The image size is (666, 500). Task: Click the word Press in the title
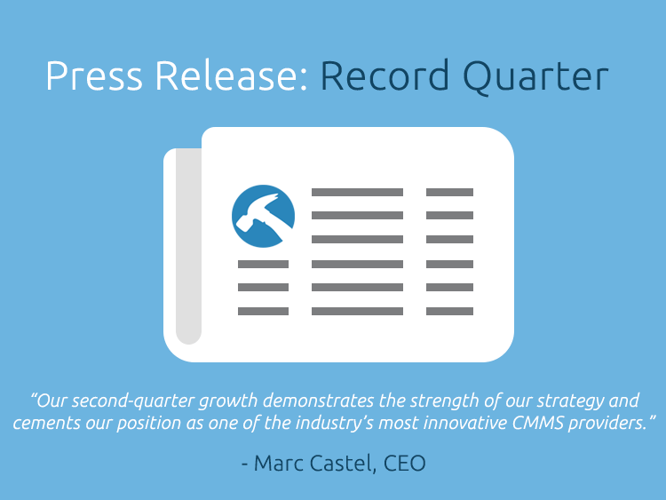94,75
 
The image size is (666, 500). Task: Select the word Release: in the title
232,75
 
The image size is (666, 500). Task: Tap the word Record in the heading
385,75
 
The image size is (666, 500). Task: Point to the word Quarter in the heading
535,76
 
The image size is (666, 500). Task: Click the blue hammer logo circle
264,216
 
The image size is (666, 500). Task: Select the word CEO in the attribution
404,463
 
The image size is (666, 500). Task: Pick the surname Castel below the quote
343,463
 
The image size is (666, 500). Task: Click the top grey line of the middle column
357,192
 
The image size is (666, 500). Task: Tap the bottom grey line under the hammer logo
263,312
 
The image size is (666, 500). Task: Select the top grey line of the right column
450,192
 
